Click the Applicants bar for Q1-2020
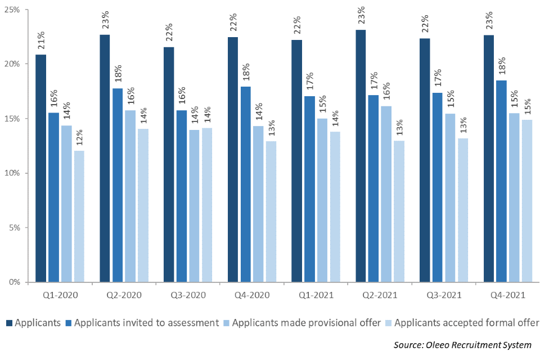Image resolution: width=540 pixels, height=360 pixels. (41, 169)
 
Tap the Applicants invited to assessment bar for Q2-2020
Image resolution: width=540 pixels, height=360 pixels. (118, 186)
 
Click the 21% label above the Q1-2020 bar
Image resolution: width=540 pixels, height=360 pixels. (42, 41)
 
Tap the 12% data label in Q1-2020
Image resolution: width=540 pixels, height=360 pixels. (80, 138)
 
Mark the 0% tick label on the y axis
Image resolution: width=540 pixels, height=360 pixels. (15, 282)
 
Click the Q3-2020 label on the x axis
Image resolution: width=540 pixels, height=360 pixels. (188, 295)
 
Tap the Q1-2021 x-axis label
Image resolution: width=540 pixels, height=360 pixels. (316, 295)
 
